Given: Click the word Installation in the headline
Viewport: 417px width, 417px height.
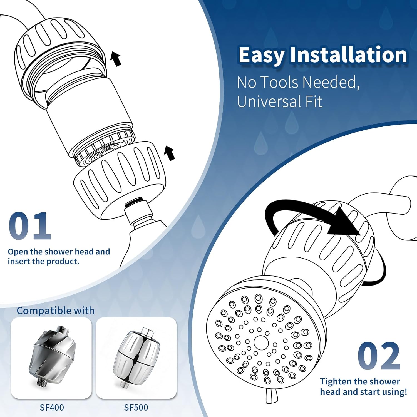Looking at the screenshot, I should (349, 55).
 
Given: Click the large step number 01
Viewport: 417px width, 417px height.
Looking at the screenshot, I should (30, 226).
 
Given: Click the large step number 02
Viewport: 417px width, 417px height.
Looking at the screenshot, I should (379, 356).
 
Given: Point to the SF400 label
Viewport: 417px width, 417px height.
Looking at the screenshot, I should (52, 408).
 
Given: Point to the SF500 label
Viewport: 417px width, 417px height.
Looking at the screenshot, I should (136, 408).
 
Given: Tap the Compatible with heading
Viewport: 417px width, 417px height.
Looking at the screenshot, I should (55, 311).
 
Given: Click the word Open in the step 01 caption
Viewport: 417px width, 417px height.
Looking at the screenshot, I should (18, 252).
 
